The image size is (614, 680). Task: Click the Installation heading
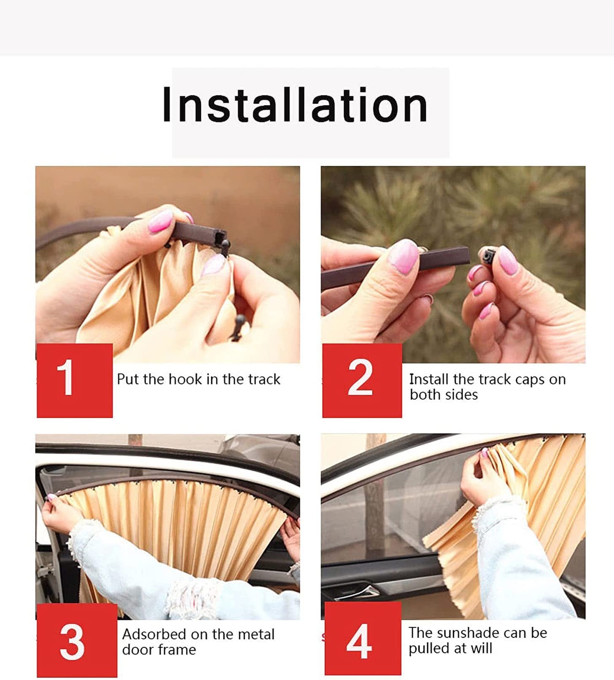(295, 105)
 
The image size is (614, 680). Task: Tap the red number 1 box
(75, 380)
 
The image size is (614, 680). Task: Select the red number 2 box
(361, 380)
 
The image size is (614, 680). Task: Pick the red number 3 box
(76, 640)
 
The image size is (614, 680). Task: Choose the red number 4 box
(362, 639)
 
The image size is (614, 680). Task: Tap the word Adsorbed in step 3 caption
(153, 634)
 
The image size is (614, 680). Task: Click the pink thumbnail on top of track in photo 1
(161, 221)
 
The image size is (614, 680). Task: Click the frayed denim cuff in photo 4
(498, 513)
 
